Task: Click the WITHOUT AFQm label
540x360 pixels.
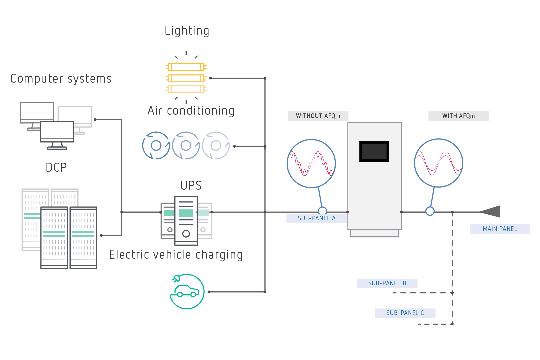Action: click(x=318, y=116)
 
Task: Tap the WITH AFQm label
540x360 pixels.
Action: click(x=458, y=116)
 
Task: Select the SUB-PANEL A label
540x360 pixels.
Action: click(x=317, y=218)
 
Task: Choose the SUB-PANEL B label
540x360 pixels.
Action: click(x=387, y=283)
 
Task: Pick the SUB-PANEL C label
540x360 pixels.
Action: click(x=405, y=313)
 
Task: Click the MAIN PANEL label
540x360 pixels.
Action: click(x=500, y=229)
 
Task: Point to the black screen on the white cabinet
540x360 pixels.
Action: click(x=374, y=151)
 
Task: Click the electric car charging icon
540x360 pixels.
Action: click(x=187, y=292)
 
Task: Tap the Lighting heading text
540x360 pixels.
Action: click(x=187, y=31)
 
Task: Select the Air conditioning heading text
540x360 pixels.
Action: click(x=191, y=111)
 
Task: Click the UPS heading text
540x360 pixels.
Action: click(x=191, y=185)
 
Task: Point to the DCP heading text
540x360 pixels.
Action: click(x=56, y=167)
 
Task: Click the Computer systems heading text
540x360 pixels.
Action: click(x=61, y=79)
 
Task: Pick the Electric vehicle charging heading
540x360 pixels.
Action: click(x=176, y=255)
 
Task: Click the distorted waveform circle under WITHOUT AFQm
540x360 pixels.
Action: click(x=311, y=163)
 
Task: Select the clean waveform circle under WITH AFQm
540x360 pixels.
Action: click(x=438, y=163)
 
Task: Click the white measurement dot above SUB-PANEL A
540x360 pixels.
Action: click(x=322, y=211)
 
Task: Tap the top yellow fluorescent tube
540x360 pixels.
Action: click(x=186, y=67)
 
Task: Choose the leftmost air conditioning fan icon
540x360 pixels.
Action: click(x=156, y=146)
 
